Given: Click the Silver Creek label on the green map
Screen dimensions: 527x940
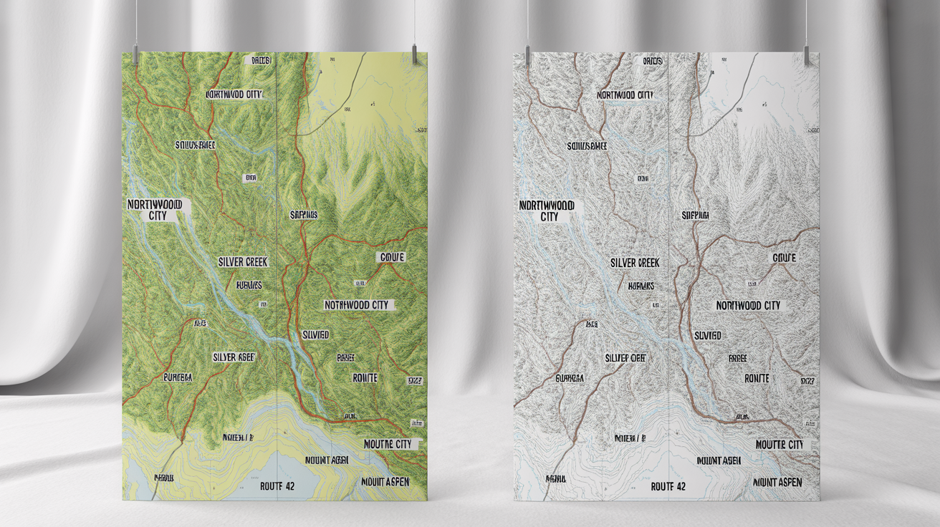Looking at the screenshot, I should point(244,262).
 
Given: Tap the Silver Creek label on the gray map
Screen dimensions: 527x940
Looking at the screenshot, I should point(635,263).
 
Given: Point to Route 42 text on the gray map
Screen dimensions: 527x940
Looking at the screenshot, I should point(668,486).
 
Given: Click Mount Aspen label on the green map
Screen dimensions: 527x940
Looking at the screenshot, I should point(386,482).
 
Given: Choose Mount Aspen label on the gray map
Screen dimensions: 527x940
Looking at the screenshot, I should point(778,482).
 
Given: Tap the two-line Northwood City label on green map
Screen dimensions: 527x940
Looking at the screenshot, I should point(155,210).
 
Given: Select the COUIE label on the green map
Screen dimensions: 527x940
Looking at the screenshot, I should point(391,257).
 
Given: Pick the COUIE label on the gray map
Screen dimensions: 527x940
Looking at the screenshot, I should point(784,257).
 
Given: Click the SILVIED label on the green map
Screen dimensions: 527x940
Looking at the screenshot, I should point(315,334).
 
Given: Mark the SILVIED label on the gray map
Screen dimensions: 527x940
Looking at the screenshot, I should point(707,335).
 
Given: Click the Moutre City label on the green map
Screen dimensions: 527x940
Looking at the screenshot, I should point(388,444).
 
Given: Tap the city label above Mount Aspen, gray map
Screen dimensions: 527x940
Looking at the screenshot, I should point(780,445).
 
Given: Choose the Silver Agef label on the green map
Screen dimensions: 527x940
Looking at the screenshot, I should point(234,357).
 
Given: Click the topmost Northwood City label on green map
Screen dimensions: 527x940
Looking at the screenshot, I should point(234,95).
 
